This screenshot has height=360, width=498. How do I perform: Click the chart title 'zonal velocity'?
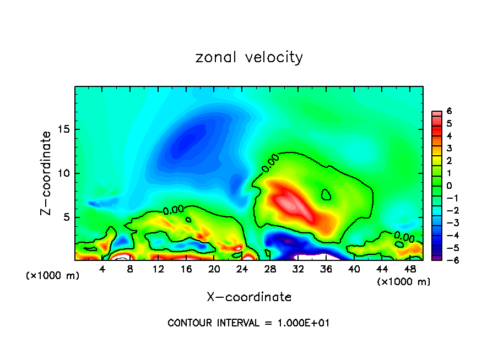coord(249,57)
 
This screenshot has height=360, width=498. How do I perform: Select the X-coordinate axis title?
coord(249,297)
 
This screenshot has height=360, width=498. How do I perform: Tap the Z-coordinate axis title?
coord(47,173)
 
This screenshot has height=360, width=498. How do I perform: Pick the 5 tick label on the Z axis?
coord(66,217)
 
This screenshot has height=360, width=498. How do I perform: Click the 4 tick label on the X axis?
coord(102,269)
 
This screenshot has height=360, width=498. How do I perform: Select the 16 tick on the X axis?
coord(186,269)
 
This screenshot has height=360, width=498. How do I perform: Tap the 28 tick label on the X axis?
coord(270,269)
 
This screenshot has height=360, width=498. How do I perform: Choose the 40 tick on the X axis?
coord(354,269)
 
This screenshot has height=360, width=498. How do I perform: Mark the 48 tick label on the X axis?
coord(410,269)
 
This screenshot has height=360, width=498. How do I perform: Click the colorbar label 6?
coord(449,111)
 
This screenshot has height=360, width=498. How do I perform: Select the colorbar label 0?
coord(449,186)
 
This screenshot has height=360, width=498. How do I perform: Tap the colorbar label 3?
coord(449,148)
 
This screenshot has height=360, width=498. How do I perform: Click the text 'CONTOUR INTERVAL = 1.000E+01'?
coord(249,323)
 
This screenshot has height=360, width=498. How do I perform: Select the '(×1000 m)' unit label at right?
coord(404,282)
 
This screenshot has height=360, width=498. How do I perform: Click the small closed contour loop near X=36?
coord(326,194)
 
